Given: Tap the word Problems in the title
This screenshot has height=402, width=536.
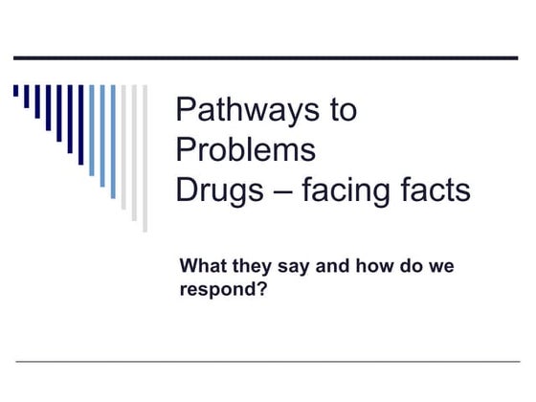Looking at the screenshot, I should pyautogui.click(x=245, y=150).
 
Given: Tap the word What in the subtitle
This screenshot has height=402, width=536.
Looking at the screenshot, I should pyautogui.click(x=204, y=265).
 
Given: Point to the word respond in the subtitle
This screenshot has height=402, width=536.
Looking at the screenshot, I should pyautogui.click(x=216, y=286).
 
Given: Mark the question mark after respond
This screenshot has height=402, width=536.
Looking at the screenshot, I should pyautogui.click(x=260, y=286).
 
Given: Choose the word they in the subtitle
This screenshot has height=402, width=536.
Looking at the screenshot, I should pyautogui.click(x=252, y=265).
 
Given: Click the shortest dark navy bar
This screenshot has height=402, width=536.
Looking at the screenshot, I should pyautogui.click(x=15, y=91).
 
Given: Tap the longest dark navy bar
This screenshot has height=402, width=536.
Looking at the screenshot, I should pyautogui.click(x=80, y=124).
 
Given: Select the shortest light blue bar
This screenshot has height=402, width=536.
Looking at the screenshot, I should pyautogui.click(x=92, y=130).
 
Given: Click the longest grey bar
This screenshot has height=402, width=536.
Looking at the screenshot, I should pyautogui.click(x=145, y=158).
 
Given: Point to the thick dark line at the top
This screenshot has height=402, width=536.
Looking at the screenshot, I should pyautogui.click(x=266, y=58).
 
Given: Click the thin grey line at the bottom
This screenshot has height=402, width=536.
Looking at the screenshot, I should pyautogui.click(x=266, y=362).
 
